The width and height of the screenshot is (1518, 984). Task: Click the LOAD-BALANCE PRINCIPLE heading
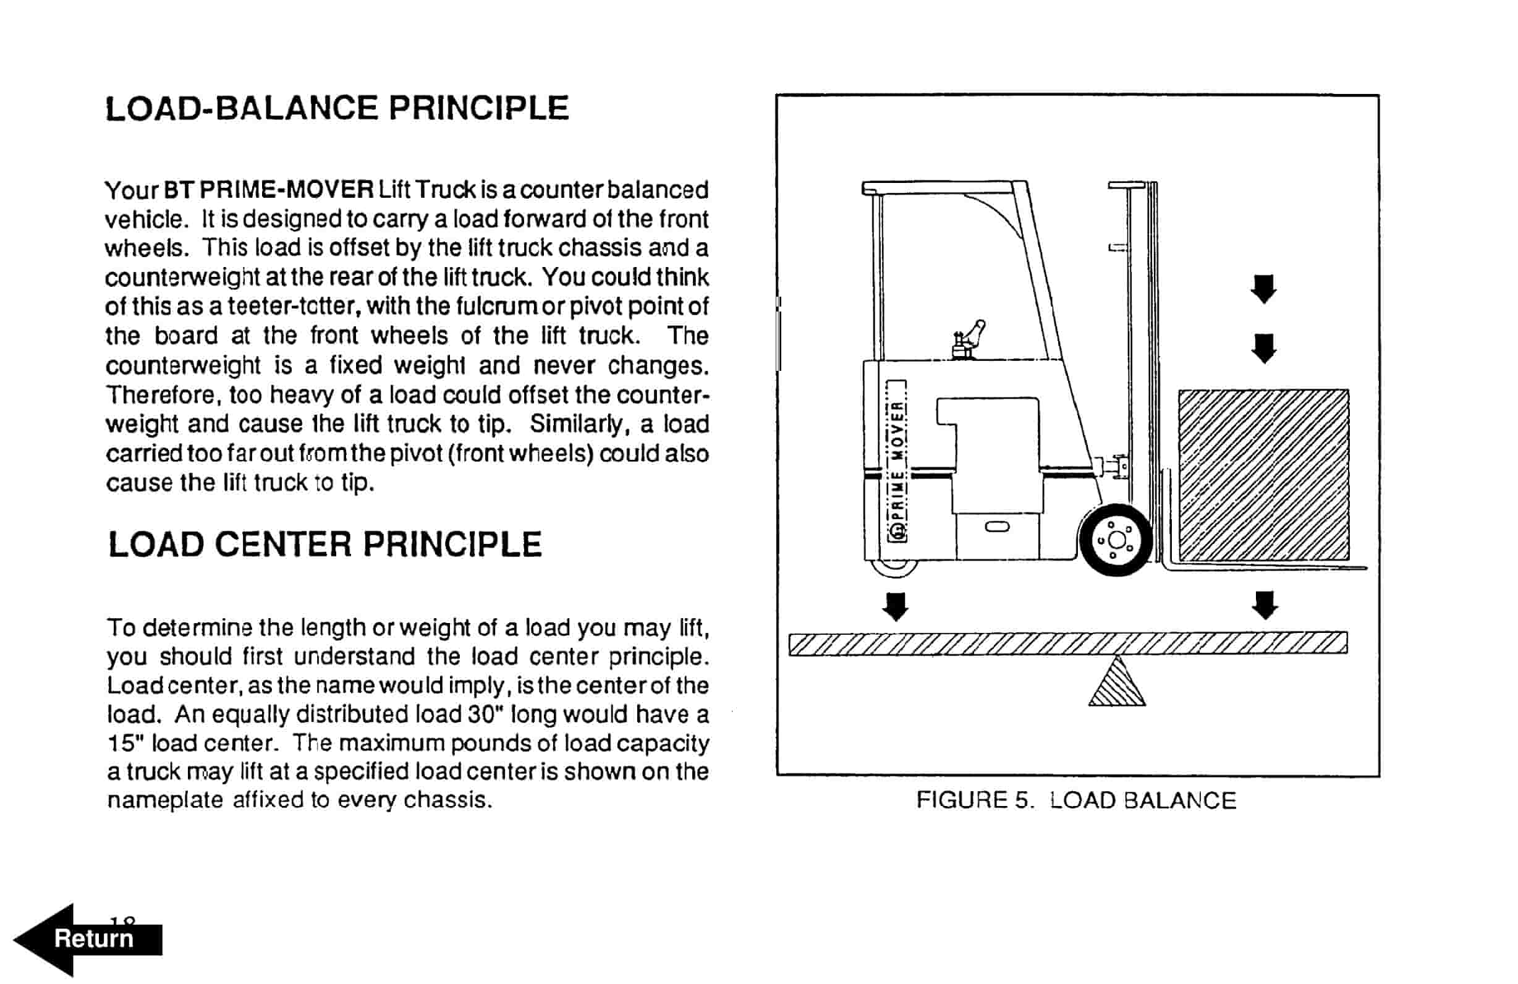coord(336,108)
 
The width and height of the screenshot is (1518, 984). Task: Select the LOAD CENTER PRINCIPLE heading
coord(324,545)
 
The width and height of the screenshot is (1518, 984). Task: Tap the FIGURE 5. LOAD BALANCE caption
coord(1075,800)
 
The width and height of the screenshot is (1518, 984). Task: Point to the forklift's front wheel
coord(1116,540)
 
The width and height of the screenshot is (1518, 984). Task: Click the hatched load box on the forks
coord(1263,475)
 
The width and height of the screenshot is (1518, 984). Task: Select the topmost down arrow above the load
coord(1263,289)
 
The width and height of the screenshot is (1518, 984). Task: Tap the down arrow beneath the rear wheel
coord(896,606)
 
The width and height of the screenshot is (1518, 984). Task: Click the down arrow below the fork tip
coord(1265,605)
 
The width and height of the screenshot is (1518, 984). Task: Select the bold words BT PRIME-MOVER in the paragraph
coord(268,189)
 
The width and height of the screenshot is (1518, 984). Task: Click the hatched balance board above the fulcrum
coord(1067,643)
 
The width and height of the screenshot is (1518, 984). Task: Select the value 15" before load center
coord(125,743)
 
